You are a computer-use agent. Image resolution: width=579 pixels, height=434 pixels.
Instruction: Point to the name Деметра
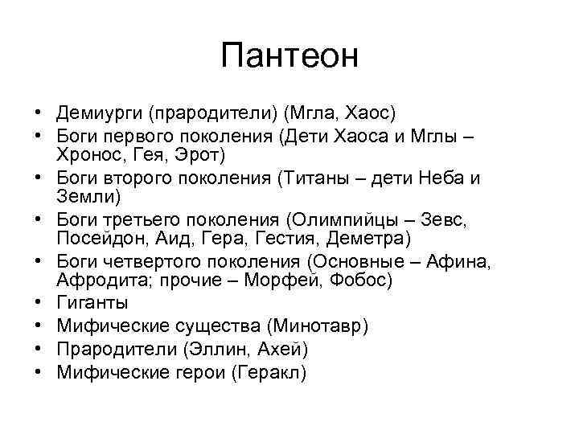click(x=369, y=238)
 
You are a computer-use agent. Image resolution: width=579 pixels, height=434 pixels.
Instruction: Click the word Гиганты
click(x=92, y=303)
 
